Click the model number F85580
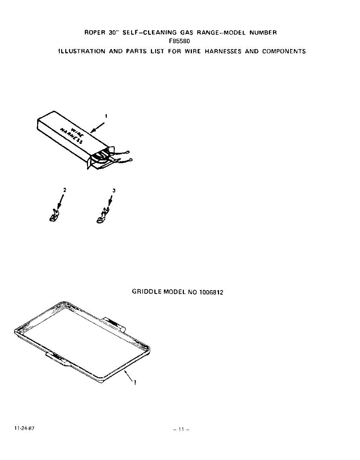[180, 41]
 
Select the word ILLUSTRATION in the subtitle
[82, 51]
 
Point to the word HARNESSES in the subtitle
[223, 51]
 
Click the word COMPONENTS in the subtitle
[284, 51]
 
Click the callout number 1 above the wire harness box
[106, 116]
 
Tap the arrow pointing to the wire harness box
[97, 128]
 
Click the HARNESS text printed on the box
[71, 136]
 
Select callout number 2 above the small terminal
[65, 190]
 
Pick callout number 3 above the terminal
[114, 191]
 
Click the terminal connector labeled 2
[54, 215]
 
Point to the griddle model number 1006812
[211, 292]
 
